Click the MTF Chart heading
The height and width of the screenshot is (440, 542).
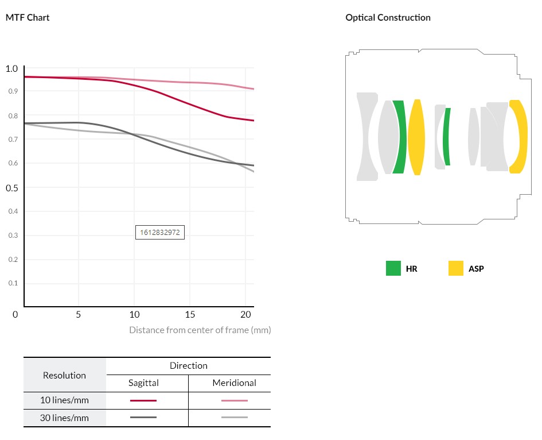pos(28,17)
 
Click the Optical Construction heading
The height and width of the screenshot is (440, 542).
pos(388,17)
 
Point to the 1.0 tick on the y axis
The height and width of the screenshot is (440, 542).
pos(12,69)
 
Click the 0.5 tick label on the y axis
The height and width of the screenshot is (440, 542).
pos(12,188)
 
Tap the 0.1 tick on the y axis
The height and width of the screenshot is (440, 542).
pos(12,283)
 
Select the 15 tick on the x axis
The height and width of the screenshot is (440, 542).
pos(190,315)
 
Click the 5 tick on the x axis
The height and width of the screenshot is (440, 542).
pos(79,315)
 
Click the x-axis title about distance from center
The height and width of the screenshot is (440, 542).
pos(200,330)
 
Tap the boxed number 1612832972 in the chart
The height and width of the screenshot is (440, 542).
pos(160,232)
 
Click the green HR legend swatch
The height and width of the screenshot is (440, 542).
pos(393,268)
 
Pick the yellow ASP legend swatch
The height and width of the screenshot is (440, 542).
pos(456,268)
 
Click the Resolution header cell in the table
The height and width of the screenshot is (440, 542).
pos(65,375)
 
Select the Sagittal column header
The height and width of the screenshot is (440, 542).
pos(143,383)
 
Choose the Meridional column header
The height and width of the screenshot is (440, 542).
pos(234,383)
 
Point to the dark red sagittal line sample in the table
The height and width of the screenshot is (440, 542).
pos(143,400)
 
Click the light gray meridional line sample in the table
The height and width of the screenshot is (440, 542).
pos(234,418)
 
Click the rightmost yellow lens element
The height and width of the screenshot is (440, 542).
pos(520,136)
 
